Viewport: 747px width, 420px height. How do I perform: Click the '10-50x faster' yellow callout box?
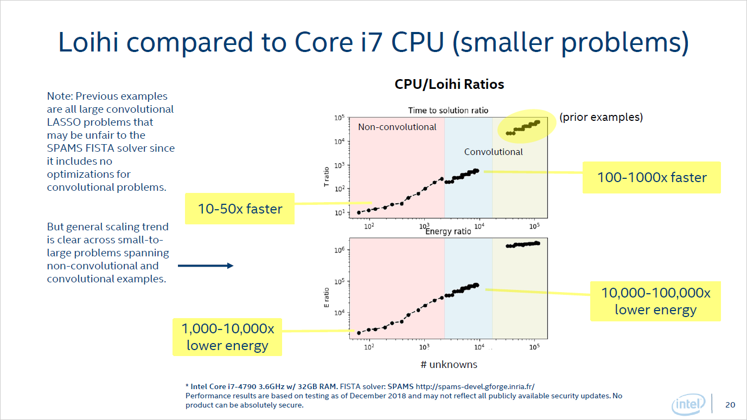coord(240,209)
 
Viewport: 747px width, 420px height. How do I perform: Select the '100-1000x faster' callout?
coord(652,177)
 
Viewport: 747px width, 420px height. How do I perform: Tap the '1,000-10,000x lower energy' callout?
coord(227,337)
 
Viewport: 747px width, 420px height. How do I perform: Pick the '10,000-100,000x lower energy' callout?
coord(655,301)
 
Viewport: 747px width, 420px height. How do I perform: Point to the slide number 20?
coord(730,405)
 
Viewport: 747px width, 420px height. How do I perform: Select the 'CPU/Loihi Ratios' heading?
coord(449,85)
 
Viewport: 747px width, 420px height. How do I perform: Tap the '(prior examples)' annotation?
coord(601,117)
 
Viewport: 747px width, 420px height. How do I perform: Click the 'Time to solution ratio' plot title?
coord(448,111)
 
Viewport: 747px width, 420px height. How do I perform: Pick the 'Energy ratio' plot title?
coord(448,232)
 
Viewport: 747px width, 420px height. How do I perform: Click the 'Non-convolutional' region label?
coord(397,127)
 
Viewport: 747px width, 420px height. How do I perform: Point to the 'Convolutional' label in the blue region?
coord(493,152)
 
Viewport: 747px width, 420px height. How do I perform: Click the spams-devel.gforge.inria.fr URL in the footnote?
coord(475,386)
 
